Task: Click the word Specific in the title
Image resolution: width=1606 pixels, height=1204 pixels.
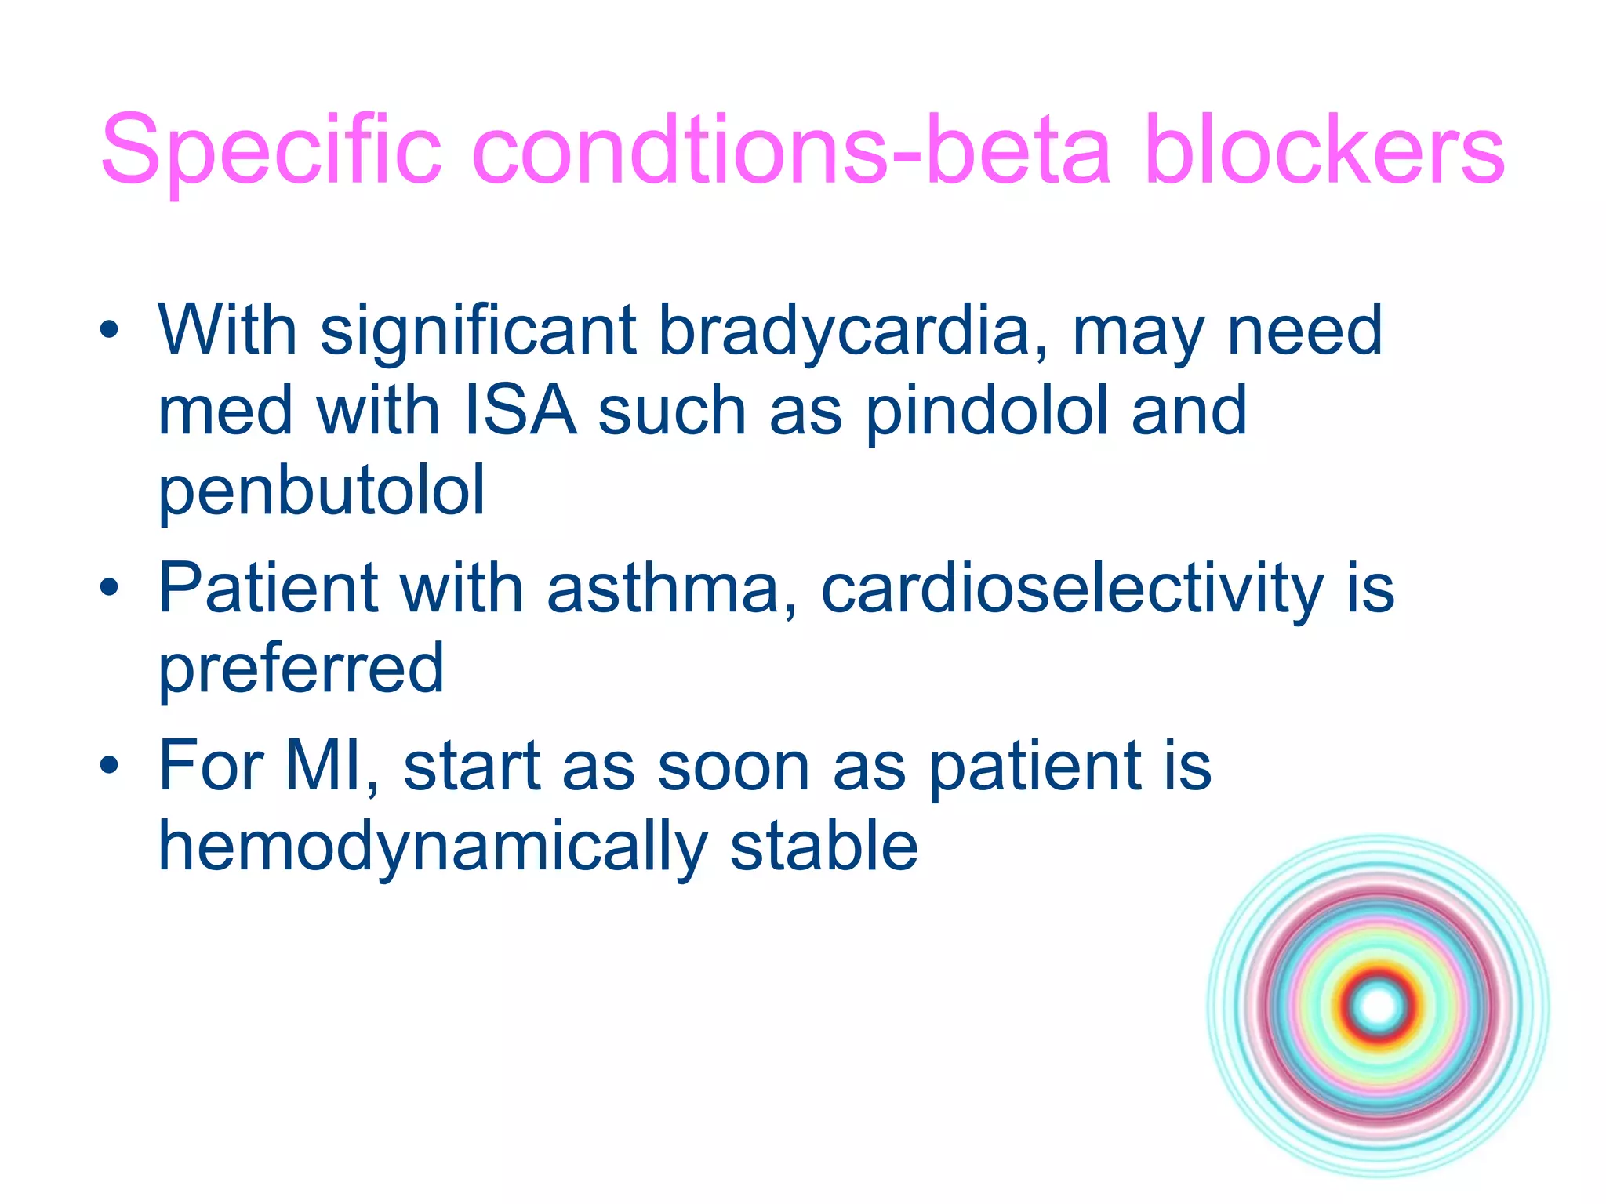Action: [x=271, y=150]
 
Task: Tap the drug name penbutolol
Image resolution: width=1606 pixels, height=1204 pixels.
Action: [x=322, y=492]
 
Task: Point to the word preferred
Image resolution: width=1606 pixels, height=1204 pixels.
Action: [x=301, y=671]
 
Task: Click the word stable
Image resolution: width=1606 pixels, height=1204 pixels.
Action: [x=823, y=847]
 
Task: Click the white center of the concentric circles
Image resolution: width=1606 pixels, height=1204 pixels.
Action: [x=1379, y=1006]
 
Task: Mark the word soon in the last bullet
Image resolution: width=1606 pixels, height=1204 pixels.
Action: [x=733, y=768]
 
